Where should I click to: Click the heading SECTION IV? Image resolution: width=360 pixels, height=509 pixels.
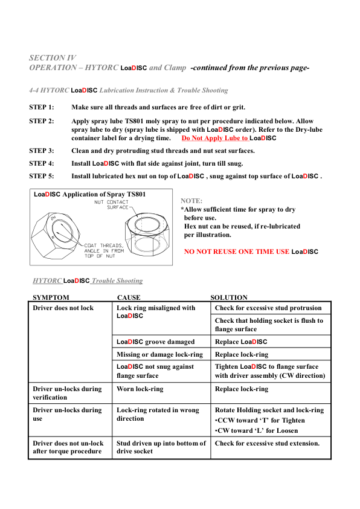[53, 58]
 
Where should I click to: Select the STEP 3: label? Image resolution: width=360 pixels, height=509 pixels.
[42, 151]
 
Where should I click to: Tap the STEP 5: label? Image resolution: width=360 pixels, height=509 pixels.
[42, 177]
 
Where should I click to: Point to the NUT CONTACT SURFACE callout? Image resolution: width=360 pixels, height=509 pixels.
[111, 204]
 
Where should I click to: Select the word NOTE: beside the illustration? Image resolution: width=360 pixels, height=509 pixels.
[191, 201]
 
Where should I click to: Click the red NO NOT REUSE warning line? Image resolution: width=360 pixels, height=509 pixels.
[251, 251]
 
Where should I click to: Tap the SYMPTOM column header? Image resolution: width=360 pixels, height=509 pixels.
[51, 297]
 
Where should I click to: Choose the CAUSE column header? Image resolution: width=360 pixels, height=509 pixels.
[129, 297]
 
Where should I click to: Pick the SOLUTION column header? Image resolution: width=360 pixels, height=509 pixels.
[229, 297]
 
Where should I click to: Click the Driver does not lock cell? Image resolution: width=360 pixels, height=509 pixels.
[63, 308]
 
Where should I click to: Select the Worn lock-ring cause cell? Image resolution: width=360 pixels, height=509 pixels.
[140, 389]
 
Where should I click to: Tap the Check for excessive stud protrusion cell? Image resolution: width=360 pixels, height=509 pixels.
[269, 308]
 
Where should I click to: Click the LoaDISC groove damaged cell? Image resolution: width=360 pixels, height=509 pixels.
[155, 342]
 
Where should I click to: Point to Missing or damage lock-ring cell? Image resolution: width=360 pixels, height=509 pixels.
[159, 355]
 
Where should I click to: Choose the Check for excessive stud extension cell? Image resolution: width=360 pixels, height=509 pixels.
[267, 444]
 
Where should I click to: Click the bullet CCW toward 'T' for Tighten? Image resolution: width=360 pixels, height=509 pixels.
[260, 421]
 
